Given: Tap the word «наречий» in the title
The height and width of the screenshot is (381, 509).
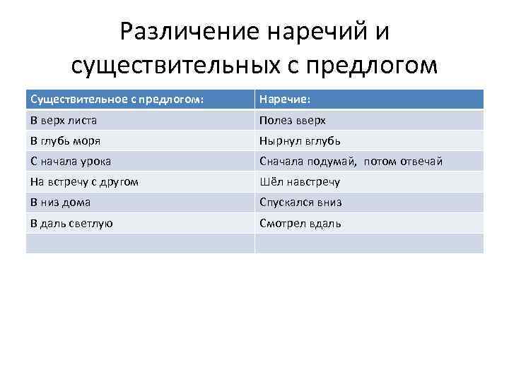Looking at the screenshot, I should click(x=315, y=32).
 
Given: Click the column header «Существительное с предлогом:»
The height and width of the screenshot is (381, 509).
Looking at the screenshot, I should click(x=117, y=99).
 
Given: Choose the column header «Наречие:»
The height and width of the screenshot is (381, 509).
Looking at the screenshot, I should click(x=283, y=99).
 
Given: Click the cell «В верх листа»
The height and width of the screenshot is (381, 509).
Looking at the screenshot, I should click(x=64, y=121).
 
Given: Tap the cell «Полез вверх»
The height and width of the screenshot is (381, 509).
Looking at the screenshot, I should click(x=292, y=121).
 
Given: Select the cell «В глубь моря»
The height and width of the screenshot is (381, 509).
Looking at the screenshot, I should click(x=66, y=141).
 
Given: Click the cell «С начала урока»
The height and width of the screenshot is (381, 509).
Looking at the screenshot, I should click(x=71, y=162).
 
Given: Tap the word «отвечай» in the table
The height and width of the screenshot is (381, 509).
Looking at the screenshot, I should click(x=421, y=162).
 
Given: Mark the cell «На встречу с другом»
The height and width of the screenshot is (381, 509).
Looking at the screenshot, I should click(x=84, y=182).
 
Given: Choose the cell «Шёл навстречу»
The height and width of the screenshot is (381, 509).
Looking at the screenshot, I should click(x=300, y=182).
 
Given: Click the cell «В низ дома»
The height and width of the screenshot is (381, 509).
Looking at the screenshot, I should click(x=60, y=202).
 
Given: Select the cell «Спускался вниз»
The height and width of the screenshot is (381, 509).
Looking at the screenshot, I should click(x=300, y=202).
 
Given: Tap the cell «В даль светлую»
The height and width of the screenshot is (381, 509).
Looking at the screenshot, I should click(x=71, y=223).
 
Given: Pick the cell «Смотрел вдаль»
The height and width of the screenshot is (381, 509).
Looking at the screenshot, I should click(x=300, y=223).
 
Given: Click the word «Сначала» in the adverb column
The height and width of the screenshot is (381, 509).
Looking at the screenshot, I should click(x=281, y=162).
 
